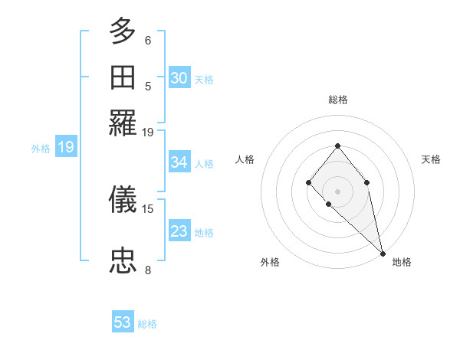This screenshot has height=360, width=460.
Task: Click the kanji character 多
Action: tap(123, 31)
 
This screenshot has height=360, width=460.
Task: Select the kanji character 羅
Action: tap(123, 123)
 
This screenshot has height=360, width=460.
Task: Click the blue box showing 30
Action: tap(179, 78)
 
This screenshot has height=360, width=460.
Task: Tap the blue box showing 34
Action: tap(179, 162)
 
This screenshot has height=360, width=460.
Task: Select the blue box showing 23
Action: tap(179, 231)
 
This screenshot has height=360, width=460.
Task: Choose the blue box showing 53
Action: tap(123, 322)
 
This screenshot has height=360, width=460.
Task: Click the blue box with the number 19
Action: tap(66, 148)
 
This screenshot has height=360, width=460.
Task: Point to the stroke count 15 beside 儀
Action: tap(148, 208)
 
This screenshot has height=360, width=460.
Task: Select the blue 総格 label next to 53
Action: tap(147, 324)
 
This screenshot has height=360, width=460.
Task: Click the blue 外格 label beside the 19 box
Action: tap(41, 149)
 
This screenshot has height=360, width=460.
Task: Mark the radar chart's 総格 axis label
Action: tap(338, 100)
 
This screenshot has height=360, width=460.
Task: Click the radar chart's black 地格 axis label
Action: tap(402, 262)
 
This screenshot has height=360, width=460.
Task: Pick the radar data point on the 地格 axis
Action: tap(383, 253)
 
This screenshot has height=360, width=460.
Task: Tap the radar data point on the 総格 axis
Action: tap(338, 146)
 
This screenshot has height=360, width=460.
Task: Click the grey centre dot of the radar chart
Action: tap(338, 191)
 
